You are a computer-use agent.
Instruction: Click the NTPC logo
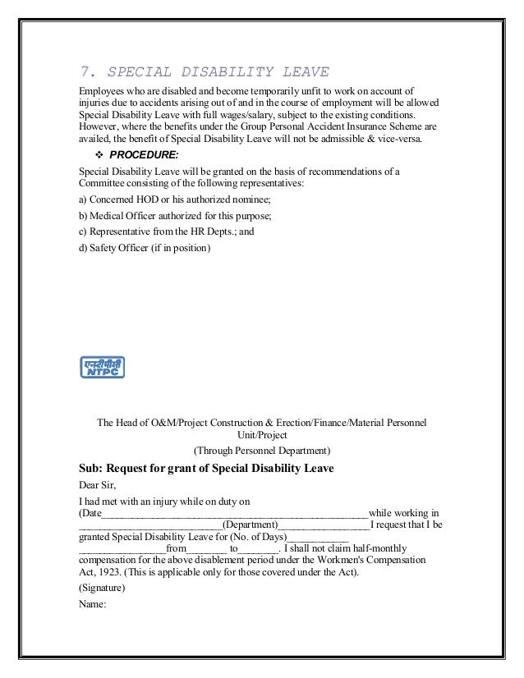point(101,368)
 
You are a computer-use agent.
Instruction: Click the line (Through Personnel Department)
point(261,451)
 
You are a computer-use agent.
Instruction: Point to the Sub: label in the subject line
point(90,470)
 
